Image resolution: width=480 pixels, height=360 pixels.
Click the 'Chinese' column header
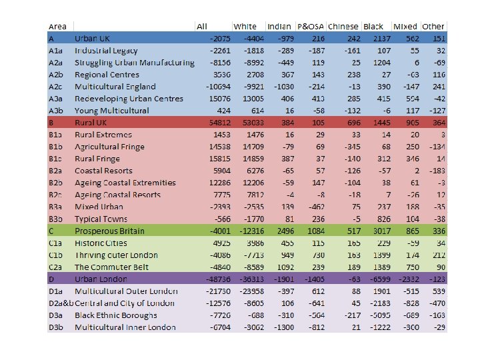pos(343,26)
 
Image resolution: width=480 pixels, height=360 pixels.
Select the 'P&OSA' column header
pos(311,26)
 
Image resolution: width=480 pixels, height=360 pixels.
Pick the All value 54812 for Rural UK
pos(219,123)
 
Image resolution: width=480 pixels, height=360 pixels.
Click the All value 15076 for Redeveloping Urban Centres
pos(219,99)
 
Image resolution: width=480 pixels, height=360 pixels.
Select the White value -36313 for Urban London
pos(252,279)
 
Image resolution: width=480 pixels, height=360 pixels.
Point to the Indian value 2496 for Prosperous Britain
pos(285,231)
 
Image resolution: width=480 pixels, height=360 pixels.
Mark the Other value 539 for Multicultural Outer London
pos(437,291)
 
